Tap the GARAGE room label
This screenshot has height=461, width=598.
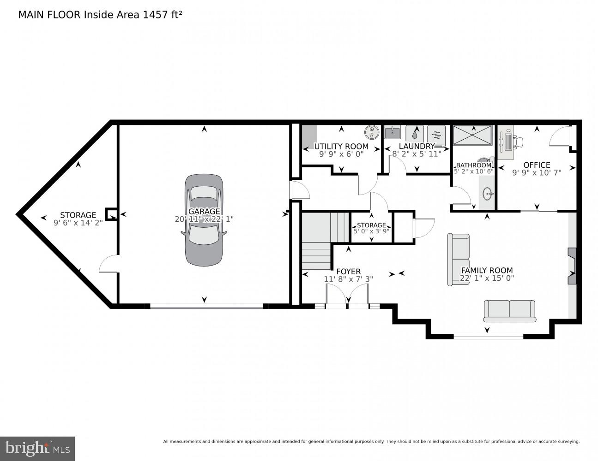204,212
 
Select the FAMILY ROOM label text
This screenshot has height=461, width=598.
487,271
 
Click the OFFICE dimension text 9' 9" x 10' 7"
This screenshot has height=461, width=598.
537,173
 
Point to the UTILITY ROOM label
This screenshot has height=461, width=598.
341,147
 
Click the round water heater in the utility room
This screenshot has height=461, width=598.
371,133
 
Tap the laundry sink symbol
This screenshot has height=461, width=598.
393,133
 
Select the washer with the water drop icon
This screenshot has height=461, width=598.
415,133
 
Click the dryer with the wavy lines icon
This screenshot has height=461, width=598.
436,134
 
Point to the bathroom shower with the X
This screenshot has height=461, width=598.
473,136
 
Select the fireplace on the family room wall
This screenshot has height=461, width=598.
572,266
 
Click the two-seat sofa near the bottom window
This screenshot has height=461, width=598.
509,311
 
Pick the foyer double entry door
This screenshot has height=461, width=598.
347,295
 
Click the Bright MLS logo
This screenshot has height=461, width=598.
37,448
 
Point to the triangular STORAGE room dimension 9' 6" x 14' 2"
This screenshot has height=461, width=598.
78,222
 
